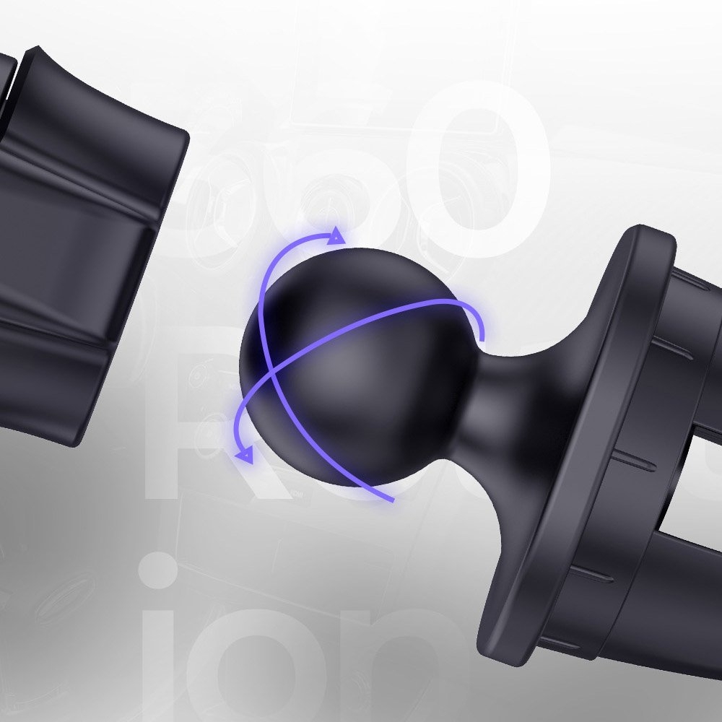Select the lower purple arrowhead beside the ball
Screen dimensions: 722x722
[244, 453]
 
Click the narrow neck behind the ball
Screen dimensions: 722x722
[498, 390]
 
